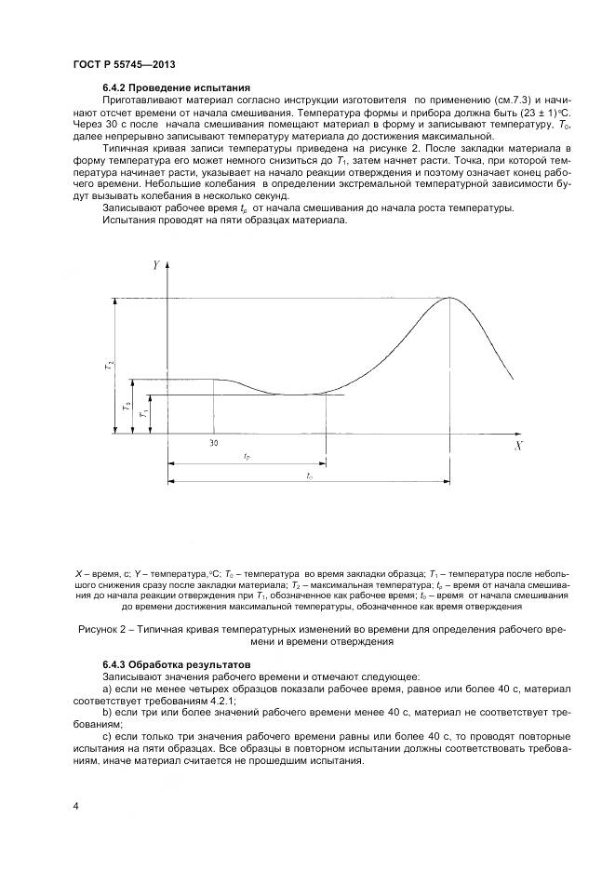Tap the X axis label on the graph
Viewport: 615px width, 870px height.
(518, 447)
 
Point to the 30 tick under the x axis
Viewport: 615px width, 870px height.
(214, 443)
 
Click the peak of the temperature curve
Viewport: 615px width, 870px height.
(450, 298)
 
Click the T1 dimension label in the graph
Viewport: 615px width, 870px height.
(140, 414)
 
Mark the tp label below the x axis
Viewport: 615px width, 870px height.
(246, 457)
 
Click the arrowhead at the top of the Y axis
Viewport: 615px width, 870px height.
(167, 267)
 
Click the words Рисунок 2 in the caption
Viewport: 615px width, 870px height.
(104, 630)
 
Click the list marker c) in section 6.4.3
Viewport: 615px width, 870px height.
(107, 735)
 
